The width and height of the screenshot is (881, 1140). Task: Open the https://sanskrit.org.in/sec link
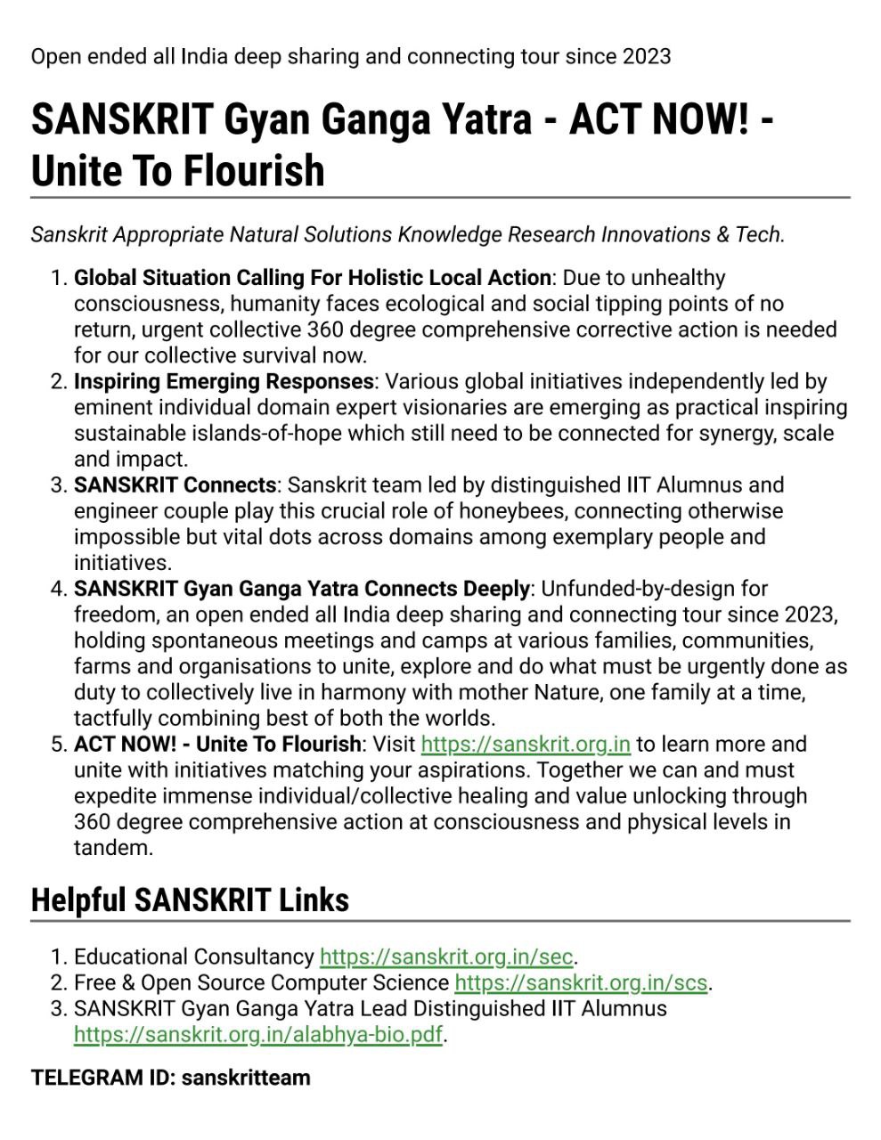(446, 957)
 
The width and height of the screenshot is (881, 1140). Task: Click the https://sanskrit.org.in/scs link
(581, 982)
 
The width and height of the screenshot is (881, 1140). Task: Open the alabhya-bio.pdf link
(258, 1034)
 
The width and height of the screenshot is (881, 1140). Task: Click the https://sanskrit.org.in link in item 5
(526, 744)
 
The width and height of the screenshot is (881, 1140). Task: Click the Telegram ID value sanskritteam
(246, 1078)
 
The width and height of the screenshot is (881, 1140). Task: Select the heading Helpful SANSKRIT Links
(190, 900)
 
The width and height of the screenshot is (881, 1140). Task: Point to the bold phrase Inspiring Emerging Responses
(224, 381)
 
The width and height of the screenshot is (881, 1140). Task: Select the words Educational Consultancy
(193, 957)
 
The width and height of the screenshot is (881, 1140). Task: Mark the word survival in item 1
(280, 355)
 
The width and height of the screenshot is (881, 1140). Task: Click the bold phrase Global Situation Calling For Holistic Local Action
(312, 278)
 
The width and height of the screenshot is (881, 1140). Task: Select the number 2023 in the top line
(647, 56)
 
